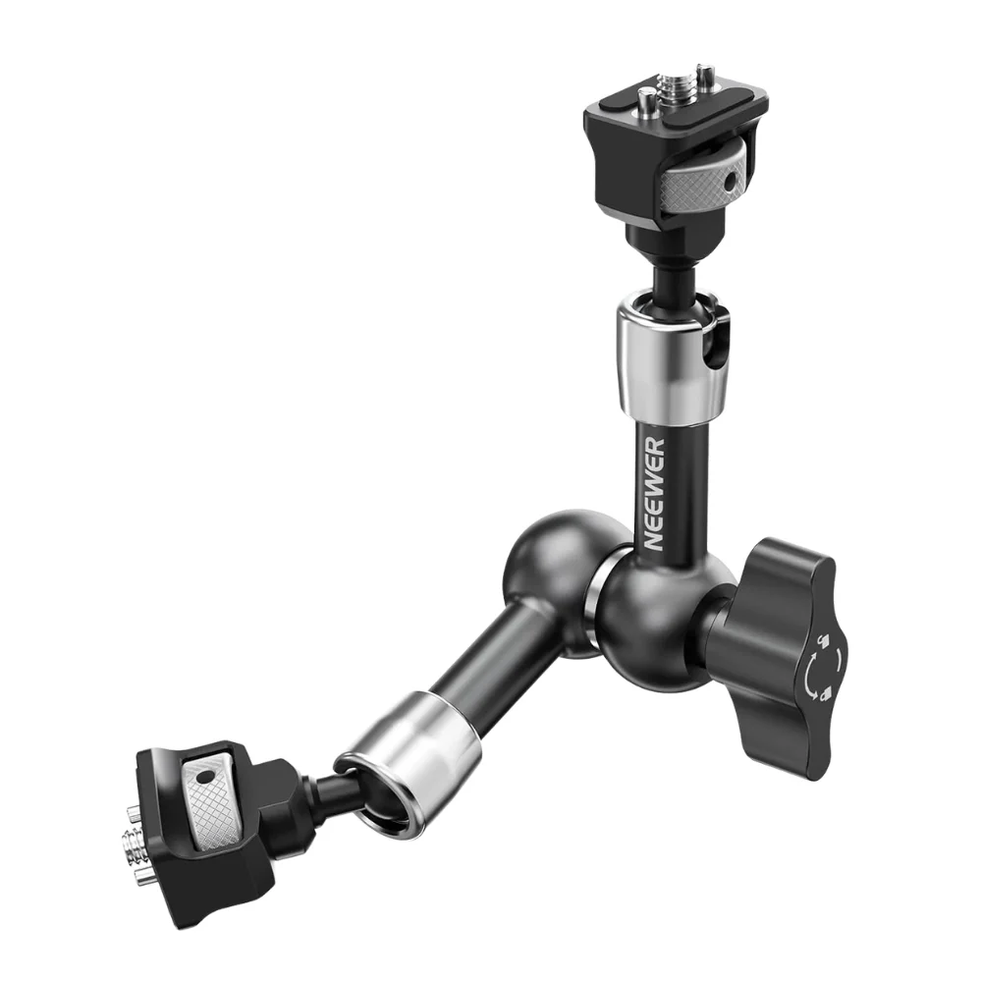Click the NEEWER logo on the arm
coord(654,494)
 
